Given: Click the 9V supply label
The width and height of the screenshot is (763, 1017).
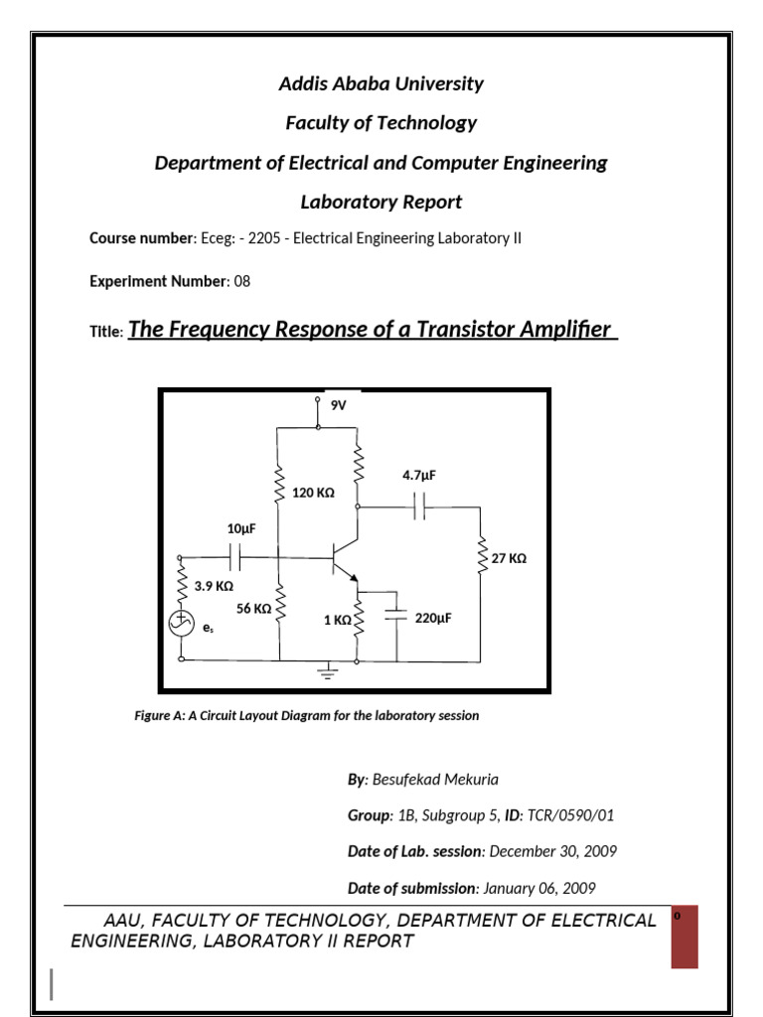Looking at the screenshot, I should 338,405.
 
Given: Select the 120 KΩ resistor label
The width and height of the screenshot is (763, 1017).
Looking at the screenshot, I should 313,493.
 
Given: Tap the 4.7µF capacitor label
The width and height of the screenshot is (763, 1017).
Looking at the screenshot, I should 418,476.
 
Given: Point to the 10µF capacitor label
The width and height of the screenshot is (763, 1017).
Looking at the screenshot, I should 240,530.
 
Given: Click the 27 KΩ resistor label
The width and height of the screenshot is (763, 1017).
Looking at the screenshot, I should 509,559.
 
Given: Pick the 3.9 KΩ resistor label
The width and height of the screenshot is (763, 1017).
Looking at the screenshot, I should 214,587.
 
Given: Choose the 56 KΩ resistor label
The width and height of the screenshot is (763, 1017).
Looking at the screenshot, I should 253,609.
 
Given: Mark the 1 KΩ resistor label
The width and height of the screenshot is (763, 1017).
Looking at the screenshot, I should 337,620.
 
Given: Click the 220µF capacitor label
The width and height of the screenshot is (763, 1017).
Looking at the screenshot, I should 433,618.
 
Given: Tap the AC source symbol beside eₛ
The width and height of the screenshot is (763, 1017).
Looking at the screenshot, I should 182,624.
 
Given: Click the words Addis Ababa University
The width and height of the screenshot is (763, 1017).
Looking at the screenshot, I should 381,83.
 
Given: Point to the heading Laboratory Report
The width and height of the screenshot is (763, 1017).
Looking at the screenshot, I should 381,203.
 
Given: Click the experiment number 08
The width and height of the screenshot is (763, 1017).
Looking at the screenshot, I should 241,281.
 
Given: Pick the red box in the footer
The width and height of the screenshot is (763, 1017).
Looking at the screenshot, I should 685,936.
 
